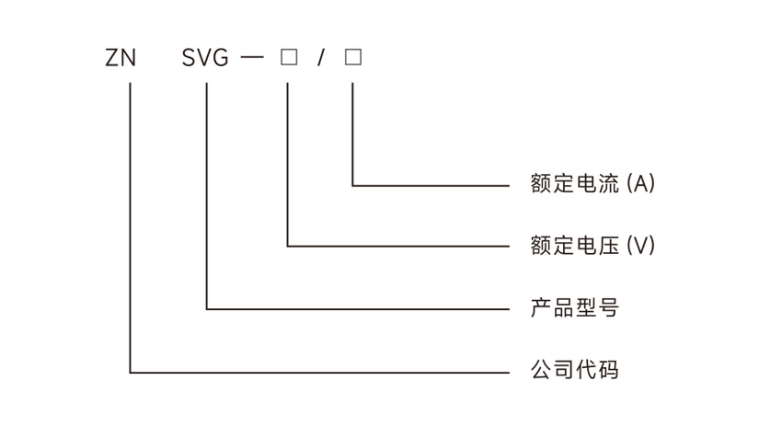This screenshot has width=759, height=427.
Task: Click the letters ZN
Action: pos(121,59)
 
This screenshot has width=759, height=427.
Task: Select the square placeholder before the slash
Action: pos(288,58)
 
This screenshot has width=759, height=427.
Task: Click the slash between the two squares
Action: pos(320,59)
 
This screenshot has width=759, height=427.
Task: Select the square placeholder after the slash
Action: pos(353,58)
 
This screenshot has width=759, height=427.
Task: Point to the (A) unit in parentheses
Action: pos(640,184)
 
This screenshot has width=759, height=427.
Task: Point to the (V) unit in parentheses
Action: pos(640,246)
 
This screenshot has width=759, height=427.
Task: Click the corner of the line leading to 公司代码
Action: pos(131,373)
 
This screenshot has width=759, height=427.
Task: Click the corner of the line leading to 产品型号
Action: pos(207,308)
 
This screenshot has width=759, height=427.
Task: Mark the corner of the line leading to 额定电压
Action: pos(288,247)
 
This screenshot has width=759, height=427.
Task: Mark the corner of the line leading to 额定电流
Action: pos(353,185)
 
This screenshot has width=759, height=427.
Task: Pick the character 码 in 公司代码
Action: pos(608,371)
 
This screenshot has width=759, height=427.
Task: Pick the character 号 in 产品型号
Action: pos(608,307)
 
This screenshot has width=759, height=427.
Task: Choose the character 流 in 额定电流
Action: pos(608,184)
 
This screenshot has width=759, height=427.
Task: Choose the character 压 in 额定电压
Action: pos(608,246)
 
